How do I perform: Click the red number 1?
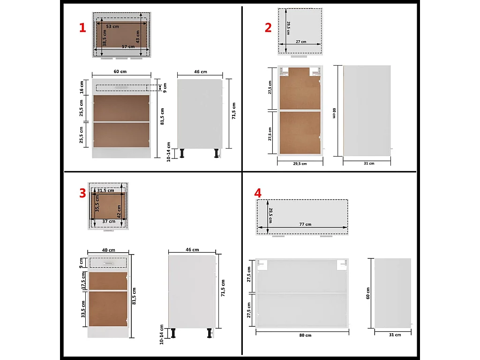click(82, 28)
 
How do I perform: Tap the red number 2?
click(268, 28)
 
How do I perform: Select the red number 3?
click(82, 193)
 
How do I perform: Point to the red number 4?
click(257, 193)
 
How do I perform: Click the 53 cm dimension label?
click(112, 27)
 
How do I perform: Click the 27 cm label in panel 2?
click(300, 42)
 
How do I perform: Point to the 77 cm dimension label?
click(305, 225)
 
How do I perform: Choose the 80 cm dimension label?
click(305, 335)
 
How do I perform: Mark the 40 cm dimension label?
click(108, 250)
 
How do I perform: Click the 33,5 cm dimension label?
click(82, 309)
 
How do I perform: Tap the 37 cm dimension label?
click(109, 221)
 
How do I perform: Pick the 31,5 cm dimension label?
click(105, 190)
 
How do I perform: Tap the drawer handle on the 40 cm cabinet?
click(108, 262)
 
